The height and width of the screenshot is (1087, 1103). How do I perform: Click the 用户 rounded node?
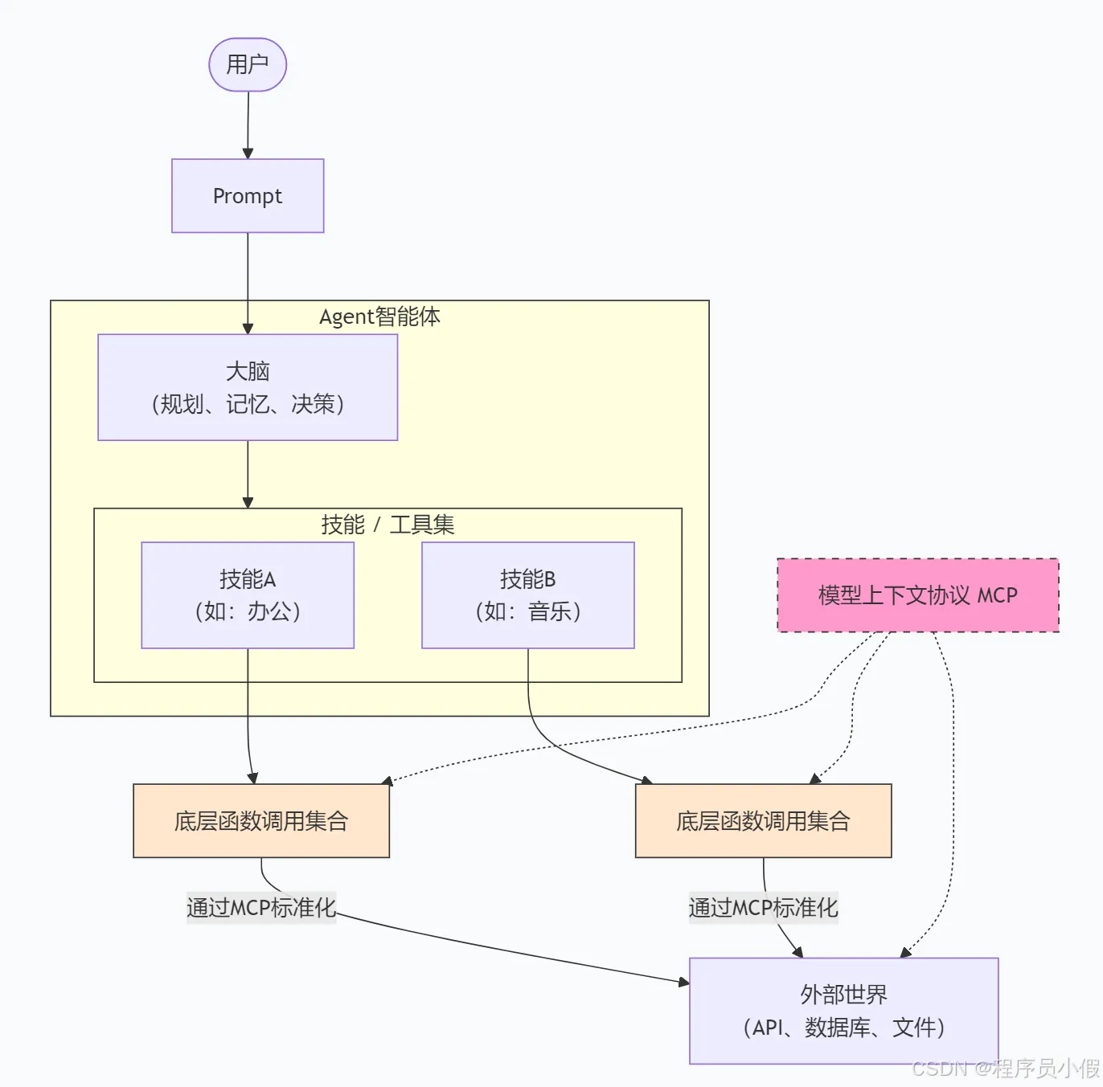click(x=248, y=64)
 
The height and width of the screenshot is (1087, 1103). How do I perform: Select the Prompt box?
click(x=248, y=196)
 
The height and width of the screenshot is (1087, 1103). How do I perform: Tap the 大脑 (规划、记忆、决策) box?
click(x=248, y=387)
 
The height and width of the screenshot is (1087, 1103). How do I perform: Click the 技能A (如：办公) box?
click(x=248, y=595)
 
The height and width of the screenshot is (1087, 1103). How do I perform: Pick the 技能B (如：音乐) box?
click(x=527, y=595)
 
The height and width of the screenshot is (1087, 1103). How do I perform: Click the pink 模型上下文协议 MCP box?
click(x=918, y=595)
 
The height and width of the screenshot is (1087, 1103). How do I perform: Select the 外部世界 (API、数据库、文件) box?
click(x=843, y=1011)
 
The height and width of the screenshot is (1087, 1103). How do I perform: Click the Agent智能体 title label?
click(x=379, y=317)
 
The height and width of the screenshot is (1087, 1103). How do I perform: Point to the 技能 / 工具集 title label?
click(x=387, y=525)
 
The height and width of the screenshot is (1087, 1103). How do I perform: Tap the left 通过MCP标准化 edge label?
click(x=261, y=907)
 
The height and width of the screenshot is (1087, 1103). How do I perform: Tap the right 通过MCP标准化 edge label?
click(x=763, y=907)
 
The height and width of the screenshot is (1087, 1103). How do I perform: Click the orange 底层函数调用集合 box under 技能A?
click(x=261, y=820)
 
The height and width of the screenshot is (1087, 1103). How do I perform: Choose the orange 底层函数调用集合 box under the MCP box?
click(x=763, y=820)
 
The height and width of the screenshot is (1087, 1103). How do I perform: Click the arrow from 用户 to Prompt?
click(x=248, y=125)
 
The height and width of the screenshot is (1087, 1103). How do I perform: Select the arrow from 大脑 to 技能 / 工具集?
click(x=248, y=474)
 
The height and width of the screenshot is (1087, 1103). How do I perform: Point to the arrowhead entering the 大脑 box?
click(x=248, y=329)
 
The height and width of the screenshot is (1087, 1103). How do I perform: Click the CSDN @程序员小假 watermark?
click(x=1006, y=1068)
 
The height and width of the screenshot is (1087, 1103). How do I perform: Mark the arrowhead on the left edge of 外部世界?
click(x=684, y=983)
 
